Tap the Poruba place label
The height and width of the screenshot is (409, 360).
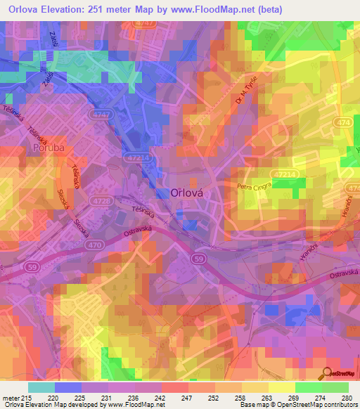48,148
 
